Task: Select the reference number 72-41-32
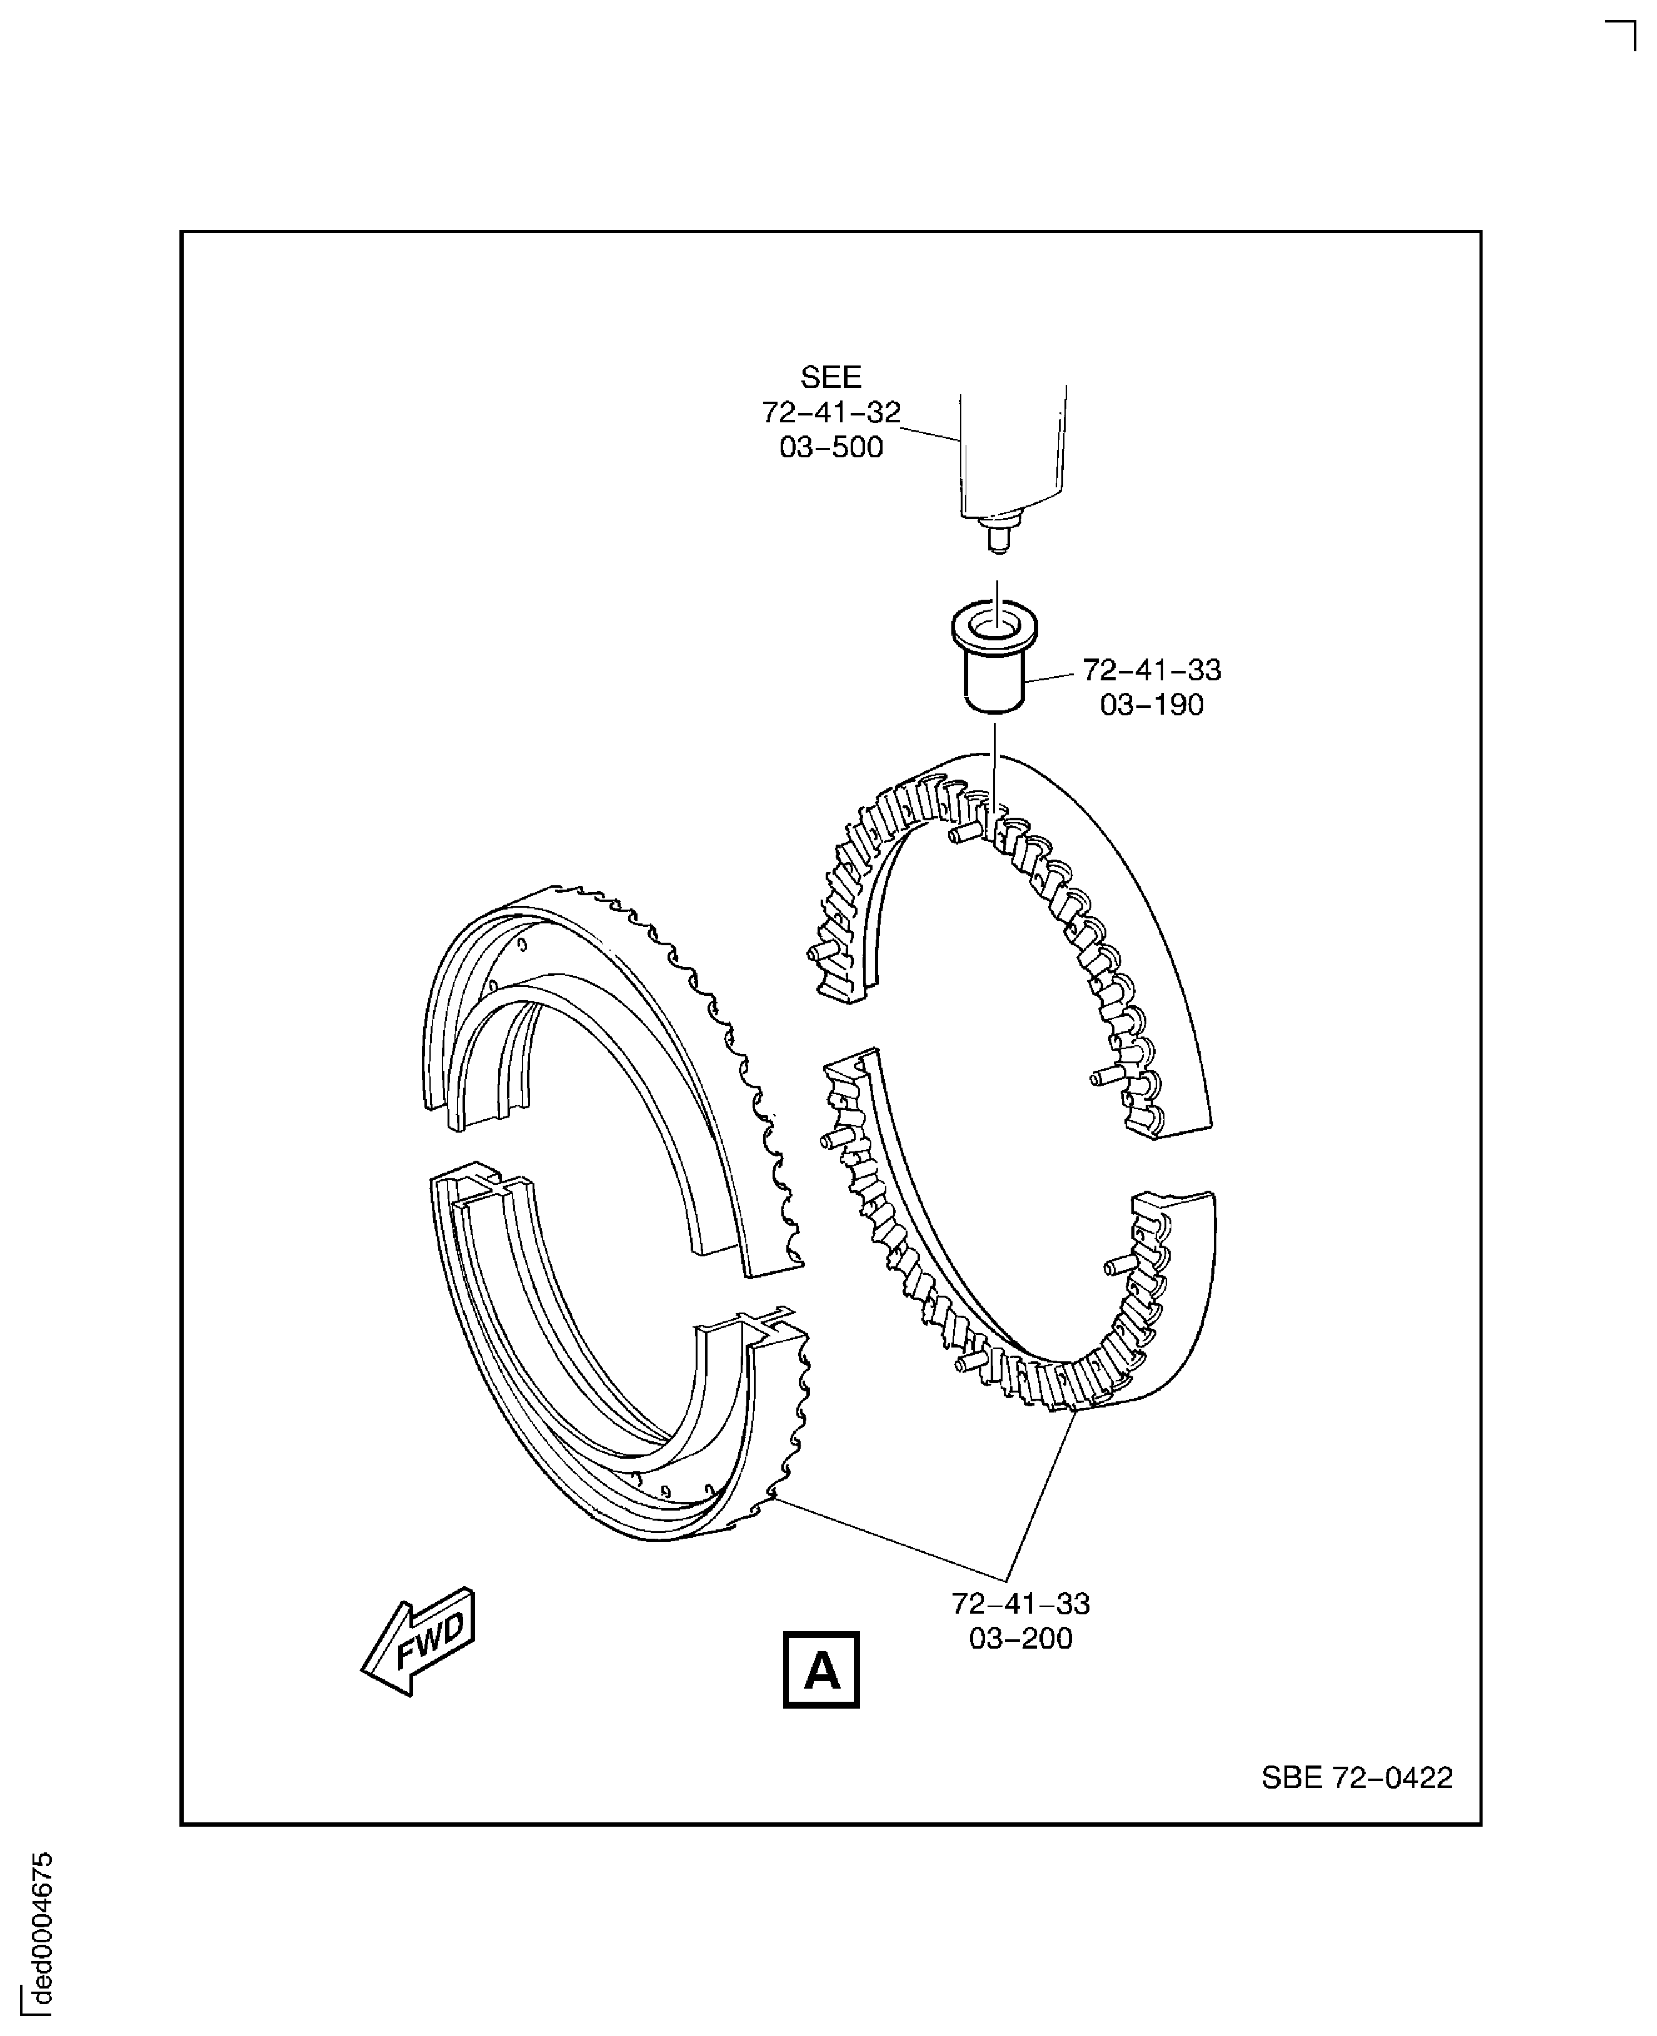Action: [831, 412]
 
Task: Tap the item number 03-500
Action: [831, 447]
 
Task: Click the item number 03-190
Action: [1151, 705]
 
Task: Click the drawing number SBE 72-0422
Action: [1356, 1777]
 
